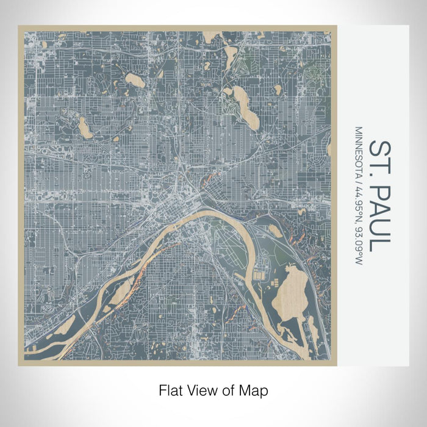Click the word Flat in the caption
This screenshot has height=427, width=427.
click(x=170, y=389)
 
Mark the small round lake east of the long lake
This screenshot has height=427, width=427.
click(x=278, y=90)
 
